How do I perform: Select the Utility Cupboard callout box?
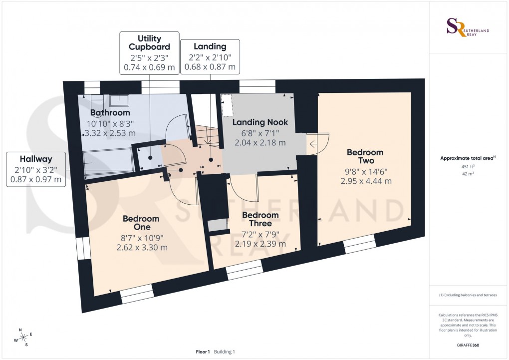coord(149,52)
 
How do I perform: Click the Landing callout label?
coord(210,56)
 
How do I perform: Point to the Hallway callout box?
coord(36,169)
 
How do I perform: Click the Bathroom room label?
coord(110,112)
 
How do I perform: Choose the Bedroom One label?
coord(141,223)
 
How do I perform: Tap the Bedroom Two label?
coord(365,157)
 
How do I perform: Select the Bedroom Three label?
coord(260,219)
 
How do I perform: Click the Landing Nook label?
coord(260,122)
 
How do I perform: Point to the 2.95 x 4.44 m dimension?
coord(366,181)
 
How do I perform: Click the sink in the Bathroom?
coord(118,100)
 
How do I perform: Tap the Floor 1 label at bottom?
coord(204,352)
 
